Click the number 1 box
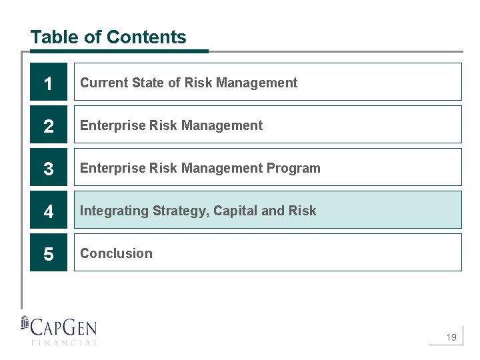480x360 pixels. [x=49, y=82]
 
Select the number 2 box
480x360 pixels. [x=49, y=125]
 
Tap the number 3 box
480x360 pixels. [x=49, y=167]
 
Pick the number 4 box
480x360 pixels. [x=49, y=210]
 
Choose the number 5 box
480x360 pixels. [x=49, y=253]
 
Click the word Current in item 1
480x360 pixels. [x=104, y=83]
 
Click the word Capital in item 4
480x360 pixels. [x=235, y=211]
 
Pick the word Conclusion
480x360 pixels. [x=116, y=253]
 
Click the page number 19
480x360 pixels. [x=451, y=338]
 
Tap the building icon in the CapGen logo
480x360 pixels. [x=25, y=324]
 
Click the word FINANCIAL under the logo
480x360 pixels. [x=63, y=343]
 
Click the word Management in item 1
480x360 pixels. [x=257, y=83]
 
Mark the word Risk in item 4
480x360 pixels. [x=303, y=211]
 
